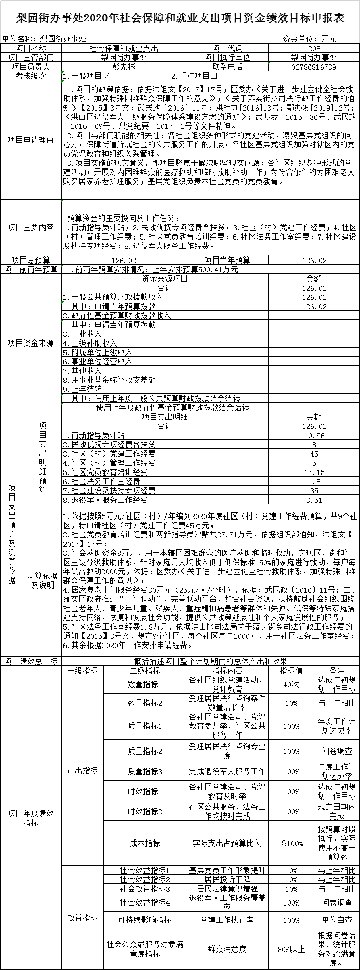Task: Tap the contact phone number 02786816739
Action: [314, 67]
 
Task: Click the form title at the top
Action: [180, 17]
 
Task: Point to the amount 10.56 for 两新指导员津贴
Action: [314, 436]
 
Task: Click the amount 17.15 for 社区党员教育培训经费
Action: [314, 472]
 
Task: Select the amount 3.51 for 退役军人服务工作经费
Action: [314, 500]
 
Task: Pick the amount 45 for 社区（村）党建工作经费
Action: [314, 454]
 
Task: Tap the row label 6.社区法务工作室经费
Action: [101, 482]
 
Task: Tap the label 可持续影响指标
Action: [145, 920]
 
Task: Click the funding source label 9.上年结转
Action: [82, 389]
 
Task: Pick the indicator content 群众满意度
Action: [227, 949]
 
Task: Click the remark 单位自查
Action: [336, 920]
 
